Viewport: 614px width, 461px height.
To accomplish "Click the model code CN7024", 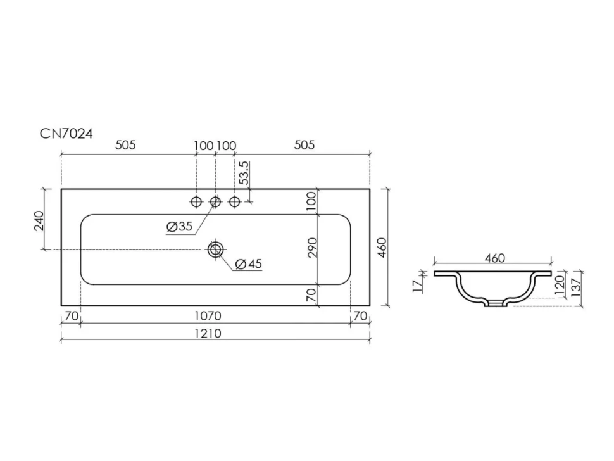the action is [66, 134].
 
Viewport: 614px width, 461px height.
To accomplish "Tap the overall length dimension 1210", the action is [208, 334].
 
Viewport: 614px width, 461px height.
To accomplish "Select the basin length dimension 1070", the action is [208, 316].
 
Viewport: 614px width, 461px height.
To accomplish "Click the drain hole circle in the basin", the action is [215, 249].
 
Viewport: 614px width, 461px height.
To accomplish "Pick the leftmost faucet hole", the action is [196, 202].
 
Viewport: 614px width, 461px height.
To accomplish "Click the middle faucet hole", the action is [215, 202].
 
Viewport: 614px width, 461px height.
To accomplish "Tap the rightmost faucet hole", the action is [234, 202].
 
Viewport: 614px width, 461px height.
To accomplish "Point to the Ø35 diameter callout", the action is [179, 227].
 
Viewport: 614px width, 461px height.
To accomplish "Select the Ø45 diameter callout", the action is [249, 264].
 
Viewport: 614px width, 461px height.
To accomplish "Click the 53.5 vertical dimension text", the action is [244, 173].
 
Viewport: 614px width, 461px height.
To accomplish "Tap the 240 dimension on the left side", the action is [39, 220].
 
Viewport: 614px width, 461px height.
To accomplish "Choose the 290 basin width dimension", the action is [312, 248].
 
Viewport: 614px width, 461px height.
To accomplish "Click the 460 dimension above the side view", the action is [494, 258].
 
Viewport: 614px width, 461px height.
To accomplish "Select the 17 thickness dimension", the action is [418, 286].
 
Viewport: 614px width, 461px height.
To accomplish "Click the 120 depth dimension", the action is [559, 285].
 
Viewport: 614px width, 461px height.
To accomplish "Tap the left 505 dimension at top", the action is [125, 145].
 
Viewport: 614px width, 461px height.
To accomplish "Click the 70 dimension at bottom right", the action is [360, 316].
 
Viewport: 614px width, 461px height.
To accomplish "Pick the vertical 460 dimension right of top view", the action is [382, 248].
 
